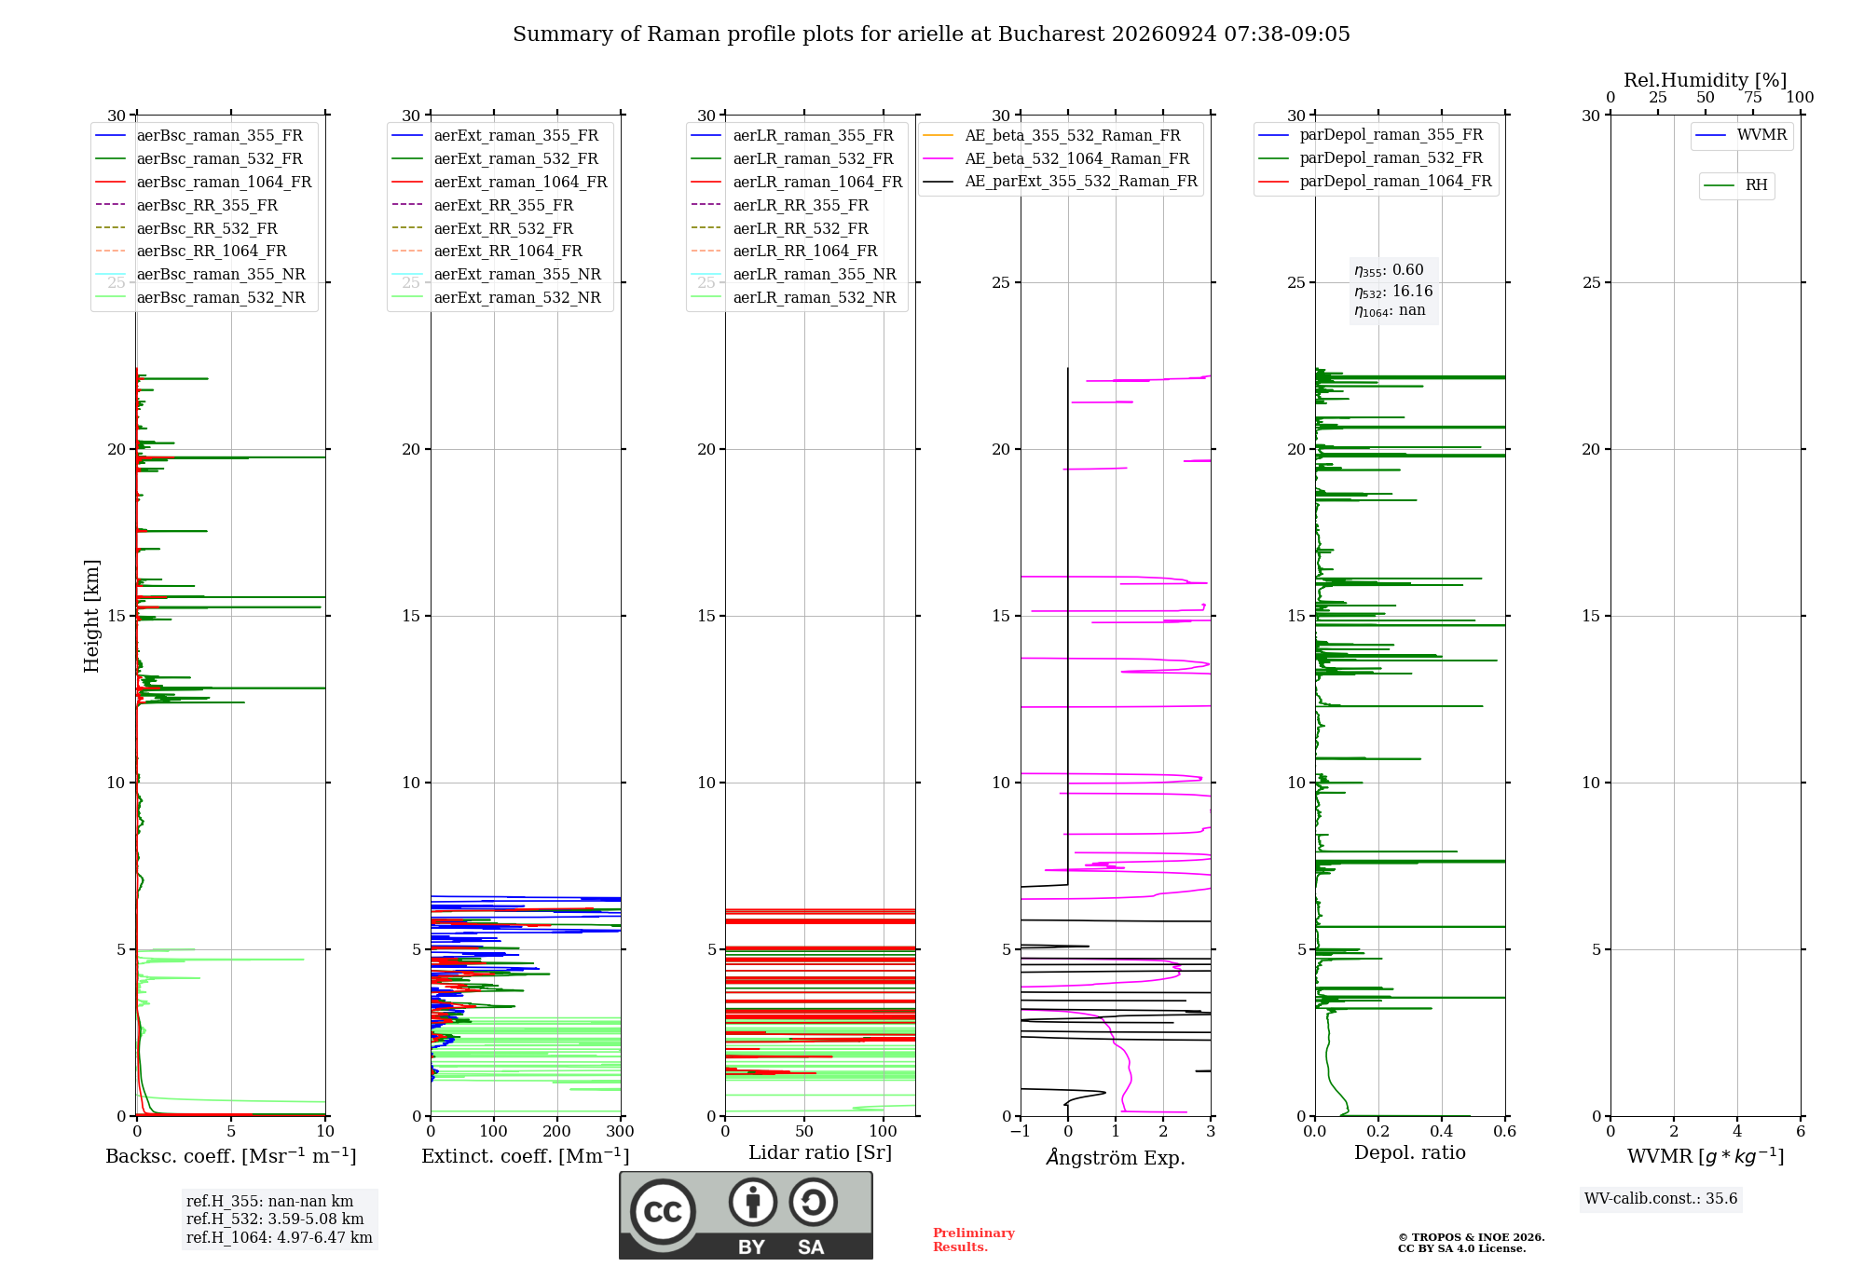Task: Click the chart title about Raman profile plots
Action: point(931,34)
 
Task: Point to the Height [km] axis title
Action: point(91,616)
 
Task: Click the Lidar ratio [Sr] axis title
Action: point(820,1152)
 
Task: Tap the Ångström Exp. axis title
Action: point(1116,1157)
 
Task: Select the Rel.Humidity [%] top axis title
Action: point(1706,80)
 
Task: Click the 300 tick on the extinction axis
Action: point(621,1132)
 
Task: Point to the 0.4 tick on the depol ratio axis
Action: point(1442,1132)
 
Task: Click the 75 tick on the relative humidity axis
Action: point(1753,98)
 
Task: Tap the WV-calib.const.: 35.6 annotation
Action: point(1661,1199)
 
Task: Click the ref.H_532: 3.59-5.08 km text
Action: point(275,1219)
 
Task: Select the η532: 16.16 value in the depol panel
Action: point(1393,292)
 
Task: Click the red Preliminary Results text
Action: point(974,1240)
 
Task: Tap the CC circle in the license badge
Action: point(663,1212)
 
